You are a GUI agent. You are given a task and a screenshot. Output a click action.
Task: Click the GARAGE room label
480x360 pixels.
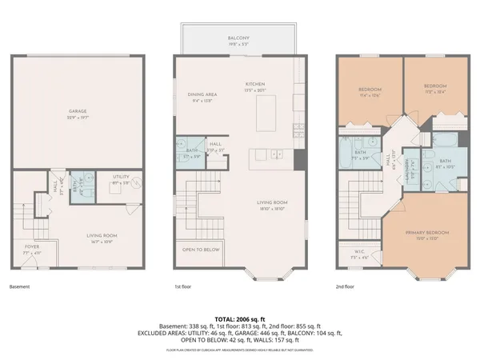pyautogui.click(x=78, y=111)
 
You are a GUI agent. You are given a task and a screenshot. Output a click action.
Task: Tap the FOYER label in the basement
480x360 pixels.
pyautogui.click(x=31, y=246)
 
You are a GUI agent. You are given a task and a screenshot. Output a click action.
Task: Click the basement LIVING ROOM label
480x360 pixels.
pyautogui.click(x=102, y=235)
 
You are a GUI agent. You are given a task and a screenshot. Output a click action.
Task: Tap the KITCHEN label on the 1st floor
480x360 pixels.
pyautogui.click(x=255, y=84)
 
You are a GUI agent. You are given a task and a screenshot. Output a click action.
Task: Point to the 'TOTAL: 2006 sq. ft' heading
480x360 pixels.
pyautogui.click(x=239, y=318)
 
